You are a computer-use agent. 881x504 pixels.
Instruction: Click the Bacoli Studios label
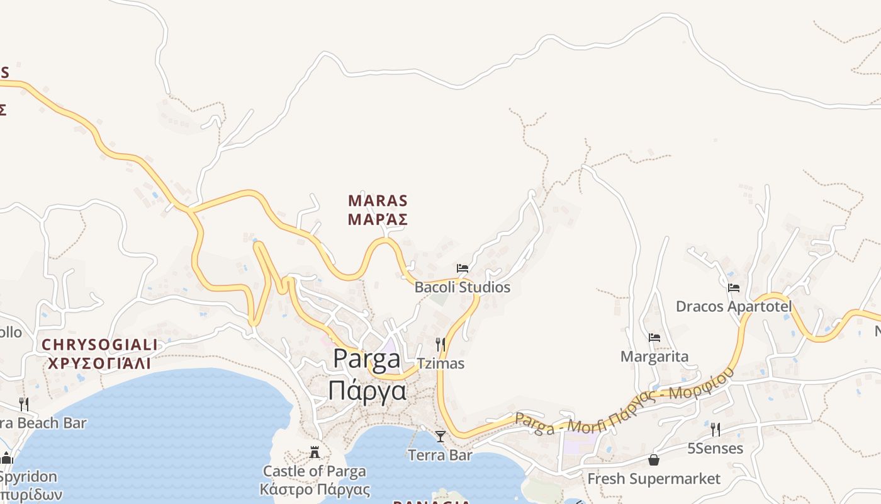(x=462, y=287)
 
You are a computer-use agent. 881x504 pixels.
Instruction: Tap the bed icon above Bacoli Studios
(x=463, y=268)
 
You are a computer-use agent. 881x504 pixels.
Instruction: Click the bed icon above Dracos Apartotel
(x=733, y=288)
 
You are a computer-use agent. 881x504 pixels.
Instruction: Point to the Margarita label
(x=654, y=357)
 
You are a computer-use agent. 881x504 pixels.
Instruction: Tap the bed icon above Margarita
(x=654, y=338)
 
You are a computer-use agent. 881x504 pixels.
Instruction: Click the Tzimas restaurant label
(x=441, y=364)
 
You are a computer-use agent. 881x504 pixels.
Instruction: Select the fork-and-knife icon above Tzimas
(x=441, y=345)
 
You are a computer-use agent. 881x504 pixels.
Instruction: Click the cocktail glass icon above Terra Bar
(x=441, y=436)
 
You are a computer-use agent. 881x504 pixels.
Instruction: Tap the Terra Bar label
(x=441, y=455)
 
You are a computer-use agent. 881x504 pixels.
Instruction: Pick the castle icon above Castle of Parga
(x=315, y=452)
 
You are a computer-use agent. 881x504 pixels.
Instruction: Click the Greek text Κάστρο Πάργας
(x=315, y=489)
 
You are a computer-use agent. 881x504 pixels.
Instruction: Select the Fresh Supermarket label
(x=654, y=479)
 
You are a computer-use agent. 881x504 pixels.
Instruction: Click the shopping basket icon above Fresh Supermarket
(x=654, y=460)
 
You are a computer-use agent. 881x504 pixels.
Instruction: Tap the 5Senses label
(x=715, y=449)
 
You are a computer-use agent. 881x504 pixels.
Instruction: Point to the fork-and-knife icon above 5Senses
(x=715, y=430)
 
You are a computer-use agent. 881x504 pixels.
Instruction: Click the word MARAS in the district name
(x=378, y=201)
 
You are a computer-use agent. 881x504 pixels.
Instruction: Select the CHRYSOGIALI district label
(x=99, y=345)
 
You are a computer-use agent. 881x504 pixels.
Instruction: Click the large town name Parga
(x=367, y=358)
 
